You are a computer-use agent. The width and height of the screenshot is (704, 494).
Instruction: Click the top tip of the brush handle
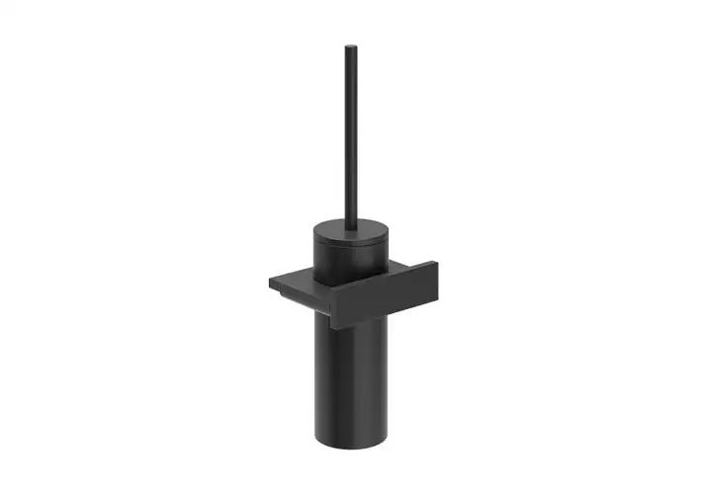point(350,46)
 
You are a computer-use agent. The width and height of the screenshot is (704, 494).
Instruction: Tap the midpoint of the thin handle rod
point(350,133)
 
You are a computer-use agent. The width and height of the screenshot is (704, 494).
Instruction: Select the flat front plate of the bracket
point(386,295)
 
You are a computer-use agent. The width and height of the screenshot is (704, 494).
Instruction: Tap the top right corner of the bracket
point(435,262)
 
